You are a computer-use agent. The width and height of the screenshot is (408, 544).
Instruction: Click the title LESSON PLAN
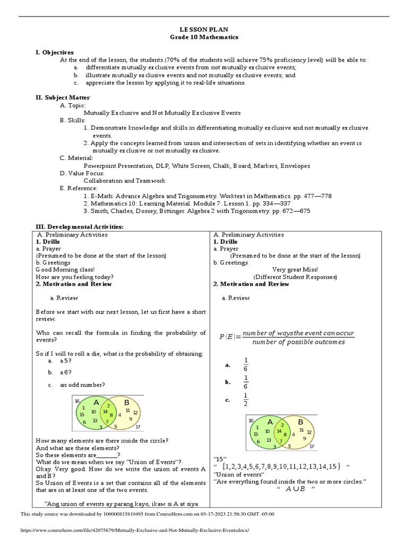(x=204, y=30)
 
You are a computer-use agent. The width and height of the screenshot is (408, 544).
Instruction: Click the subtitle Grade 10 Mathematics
(x=204, y=37)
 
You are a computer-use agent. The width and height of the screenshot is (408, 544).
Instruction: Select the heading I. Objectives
(x=55, y=52)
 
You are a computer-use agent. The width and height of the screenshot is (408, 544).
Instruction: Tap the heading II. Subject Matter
(x=63, y=98)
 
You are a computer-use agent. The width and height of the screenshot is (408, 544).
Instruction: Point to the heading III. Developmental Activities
(x=79, y=227)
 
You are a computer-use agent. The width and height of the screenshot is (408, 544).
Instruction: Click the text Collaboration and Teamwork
(x=117, y=181)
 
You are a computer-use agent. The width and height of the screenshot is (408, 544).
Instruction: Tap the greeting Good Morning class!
(x=65, y=269)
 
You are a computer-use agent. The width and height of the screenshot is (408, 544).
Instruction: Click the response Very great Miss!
(x=295, y=269)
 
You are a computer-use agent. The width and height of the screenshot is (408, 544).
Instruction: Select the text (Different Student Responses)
(x=295, y=277)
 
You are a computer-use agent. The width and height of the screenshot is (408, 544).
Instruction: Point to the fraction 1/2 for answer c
(x=245, y=400)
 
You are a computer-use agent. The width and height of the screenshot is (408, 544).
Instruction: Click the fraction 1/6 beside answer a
(x=245, y=365)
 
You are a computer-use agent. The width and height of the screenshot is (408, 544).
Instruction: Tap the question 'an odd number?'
(x=82, y=385)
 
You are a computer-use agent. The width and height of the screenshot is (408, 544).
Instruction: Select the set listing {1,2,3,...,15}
(x=282, y=466)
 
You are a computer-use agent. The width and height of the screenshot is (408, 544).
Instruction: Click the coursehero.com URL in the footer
(x=134, y=531)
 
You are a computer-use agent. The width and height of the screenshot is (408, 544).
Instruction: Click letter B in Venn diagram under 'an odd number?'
(x=126, y=402)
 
